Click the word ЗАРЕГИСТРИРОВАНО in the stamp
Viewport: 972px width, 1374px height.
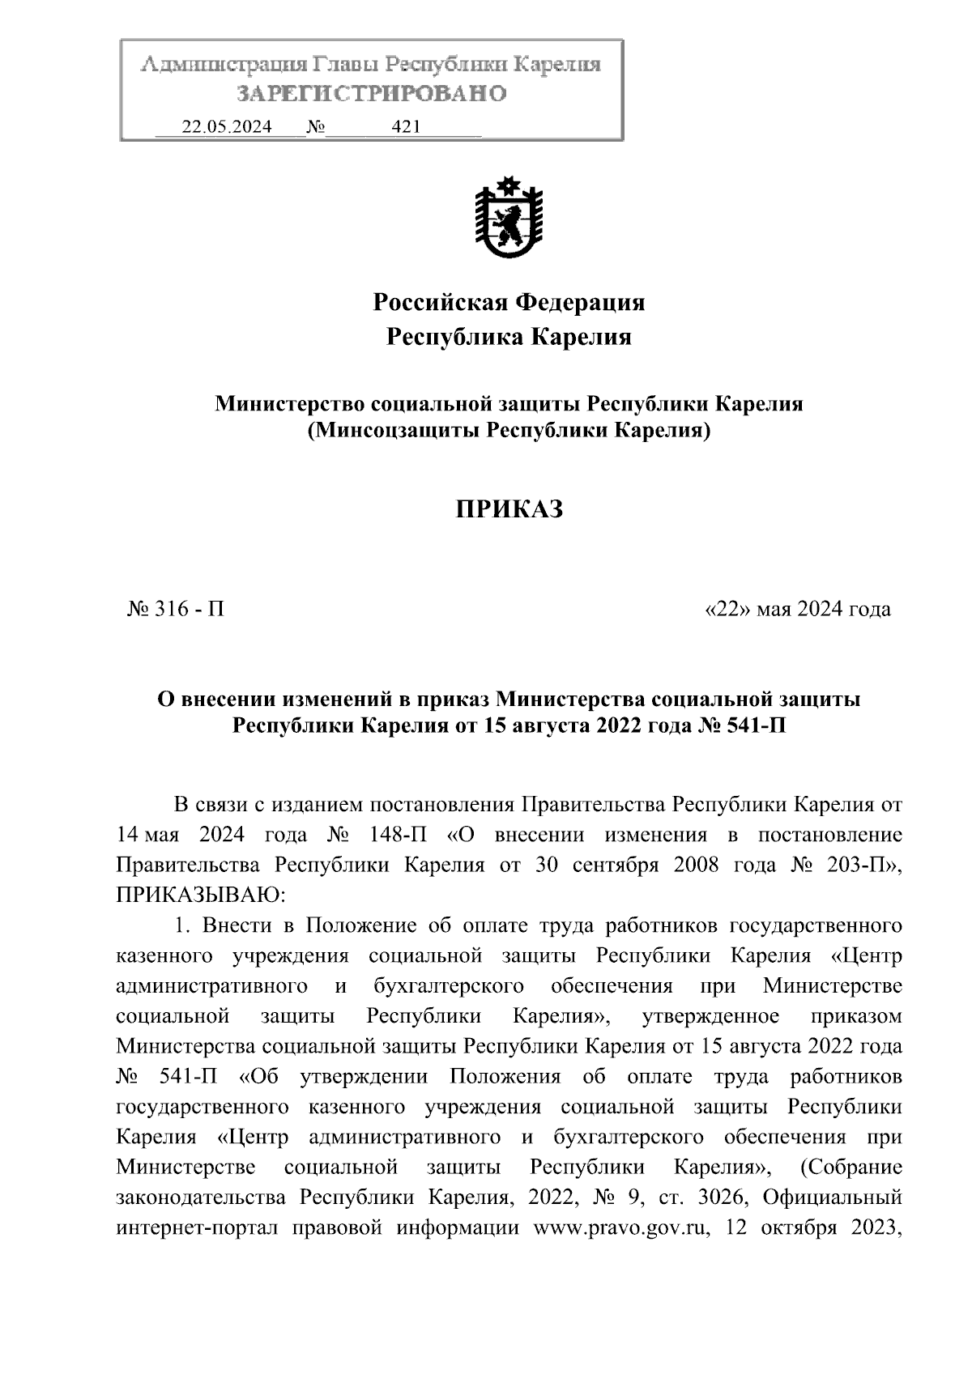(x=371, y=94)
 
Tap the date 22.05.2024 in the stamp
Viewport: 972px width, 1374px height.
(x=226, y=127)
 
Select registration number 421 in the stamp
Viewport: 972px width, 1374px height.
(x=405, y=127)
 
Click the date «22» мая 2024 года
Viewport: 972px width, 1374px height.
(x=798, y=609)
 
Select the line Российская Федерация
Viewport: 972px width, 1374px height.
(x=508, y=303)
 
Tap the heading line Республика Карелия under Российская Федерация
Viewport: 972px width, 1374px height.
(x=508, y=337)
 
